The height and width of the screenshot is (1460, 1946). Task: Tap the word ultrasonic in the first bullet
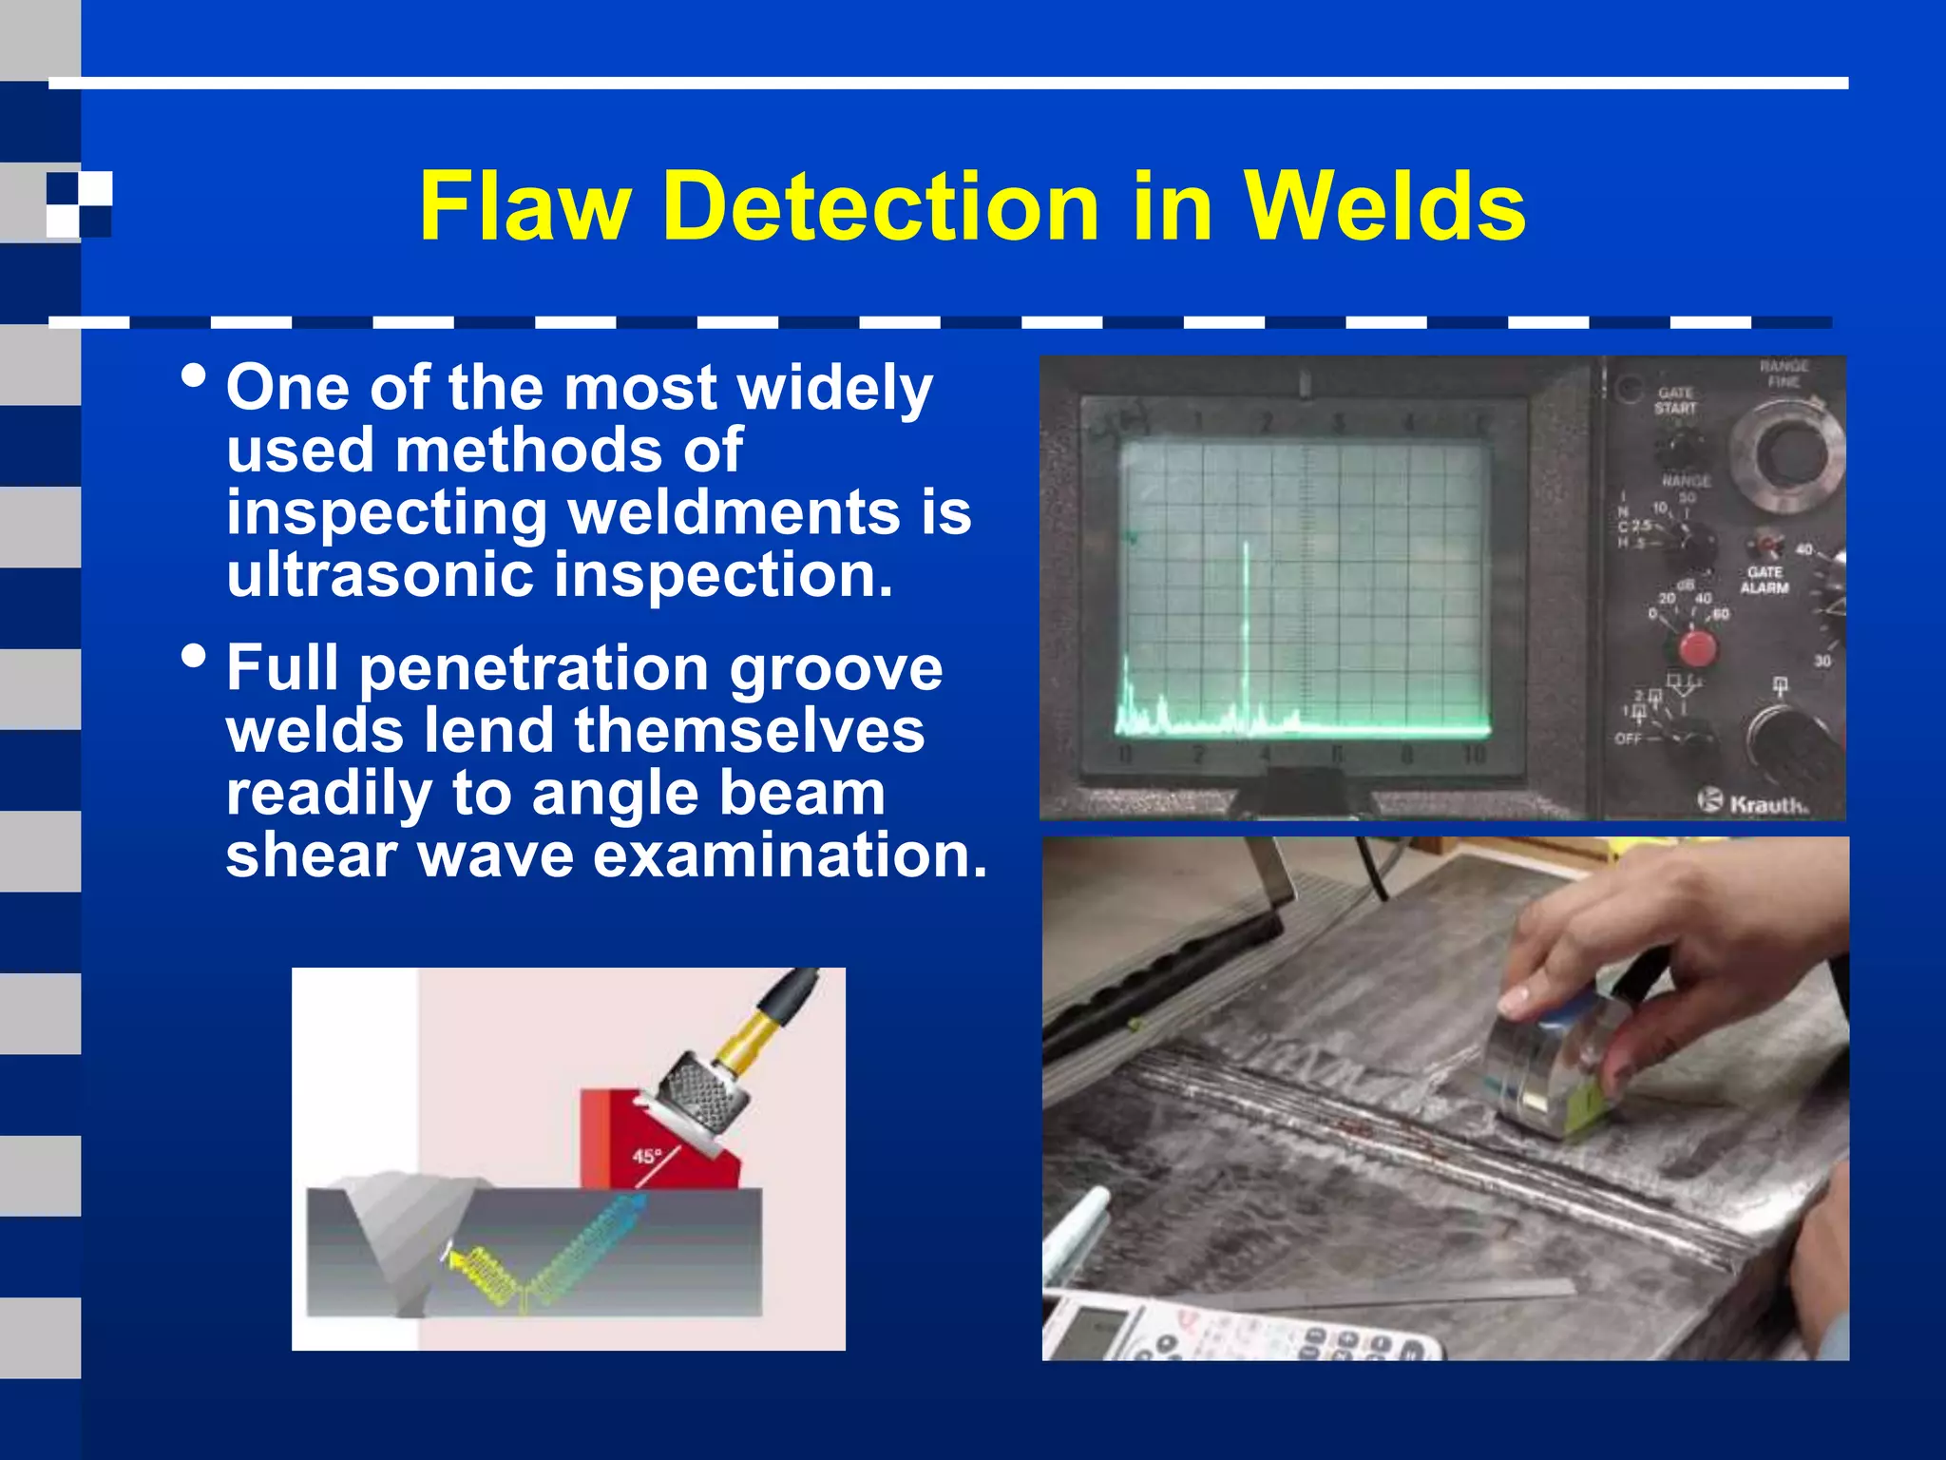[380, 576]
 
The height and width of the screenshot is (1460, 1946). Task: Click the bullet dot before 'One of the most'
[193, 377]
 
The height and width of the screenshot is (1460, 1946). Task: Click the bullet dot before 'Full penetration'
[193, 657]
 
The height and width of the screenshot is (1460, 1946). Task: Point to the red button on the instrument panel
[1696, 648]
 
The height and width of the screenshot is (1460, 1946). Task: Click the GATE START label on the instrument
[1675, 400]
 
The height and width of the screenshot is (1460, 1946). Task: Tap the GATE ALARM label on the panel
[1765, 580]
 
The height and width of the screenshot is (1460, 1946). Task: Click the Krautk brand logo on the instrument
[1755, 802]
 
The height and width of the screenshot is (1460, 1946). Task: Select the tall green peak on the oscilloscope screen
[1247, 627]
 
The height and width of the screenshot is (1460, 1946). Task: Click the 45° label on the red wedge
[647, 1157]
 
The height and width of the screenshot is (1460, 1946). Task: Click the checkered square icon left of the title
[79, 204]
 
